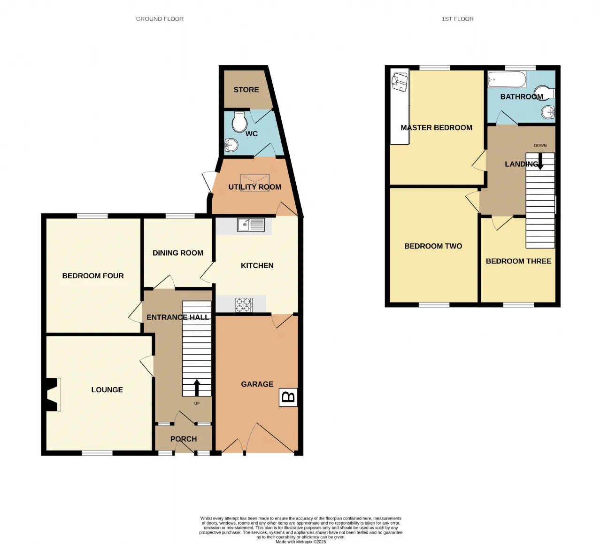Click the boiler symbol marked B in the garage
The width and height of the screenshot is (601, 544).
(288, 397)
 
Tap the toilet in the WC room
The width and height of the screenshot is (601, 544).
(239, 122)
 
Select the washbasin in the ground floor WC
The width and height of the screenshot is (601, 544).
(231, 145)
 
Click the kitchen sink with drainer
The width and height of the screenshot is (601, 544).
(251, 225)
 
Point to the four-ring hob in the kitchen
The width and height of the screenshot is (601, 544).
(244, 305)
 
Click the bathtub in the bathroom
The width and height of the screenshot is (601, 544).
(507, 79)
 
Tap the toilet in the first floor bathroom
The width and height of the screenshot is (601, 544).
(545, 93)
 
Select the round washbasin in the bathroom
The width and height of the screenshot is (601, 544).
(548, 112)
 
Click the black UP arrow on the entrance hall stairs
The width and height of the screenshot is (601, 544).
(197, 388)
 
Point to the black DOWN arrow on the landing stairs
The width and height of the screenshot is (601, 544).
(540, 161)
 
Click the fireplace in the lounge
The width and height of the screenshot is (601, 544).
(52, 394)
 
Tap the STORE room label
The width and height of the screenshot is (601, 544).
(247, 90)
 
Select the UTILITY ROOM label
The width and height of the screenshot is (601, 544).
(254, 187)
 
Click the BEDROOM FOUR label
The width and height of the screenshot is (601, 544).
(93, 276)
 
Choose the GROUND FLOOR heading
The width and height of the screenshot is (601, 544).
(160, 19)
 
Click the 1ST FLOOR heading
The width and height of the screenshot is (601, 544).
(457, 19)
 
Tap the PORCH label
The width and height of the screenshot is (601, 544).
(184, 439)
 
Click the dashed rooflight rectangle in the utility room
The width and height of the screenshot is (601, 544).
(255, 182)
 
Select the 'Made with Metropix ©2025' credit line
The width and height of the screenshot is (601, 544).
(300, 542)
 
